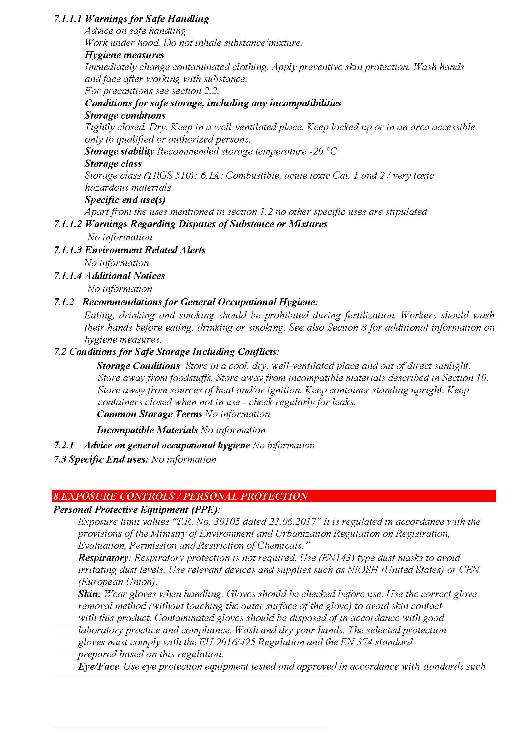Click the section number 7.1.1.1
pos(68,19)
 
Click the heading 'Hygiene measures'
pos(124,55)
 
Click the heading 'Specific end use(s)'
pos(125,200)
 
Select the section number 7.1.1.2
pos(68,224)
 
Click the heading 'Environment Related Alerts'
pos(145,250)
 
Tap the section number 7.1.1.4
pos(68,276)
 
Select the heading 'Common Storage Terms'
pos(150,414)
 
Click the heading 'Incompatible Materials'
pos(147,430)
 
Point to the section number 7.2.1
pos(64,446)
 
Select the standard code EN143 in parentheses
pos(336,558)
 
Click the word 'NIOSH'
pos(363,570)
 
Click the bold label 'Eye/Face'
pos(99,667)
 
